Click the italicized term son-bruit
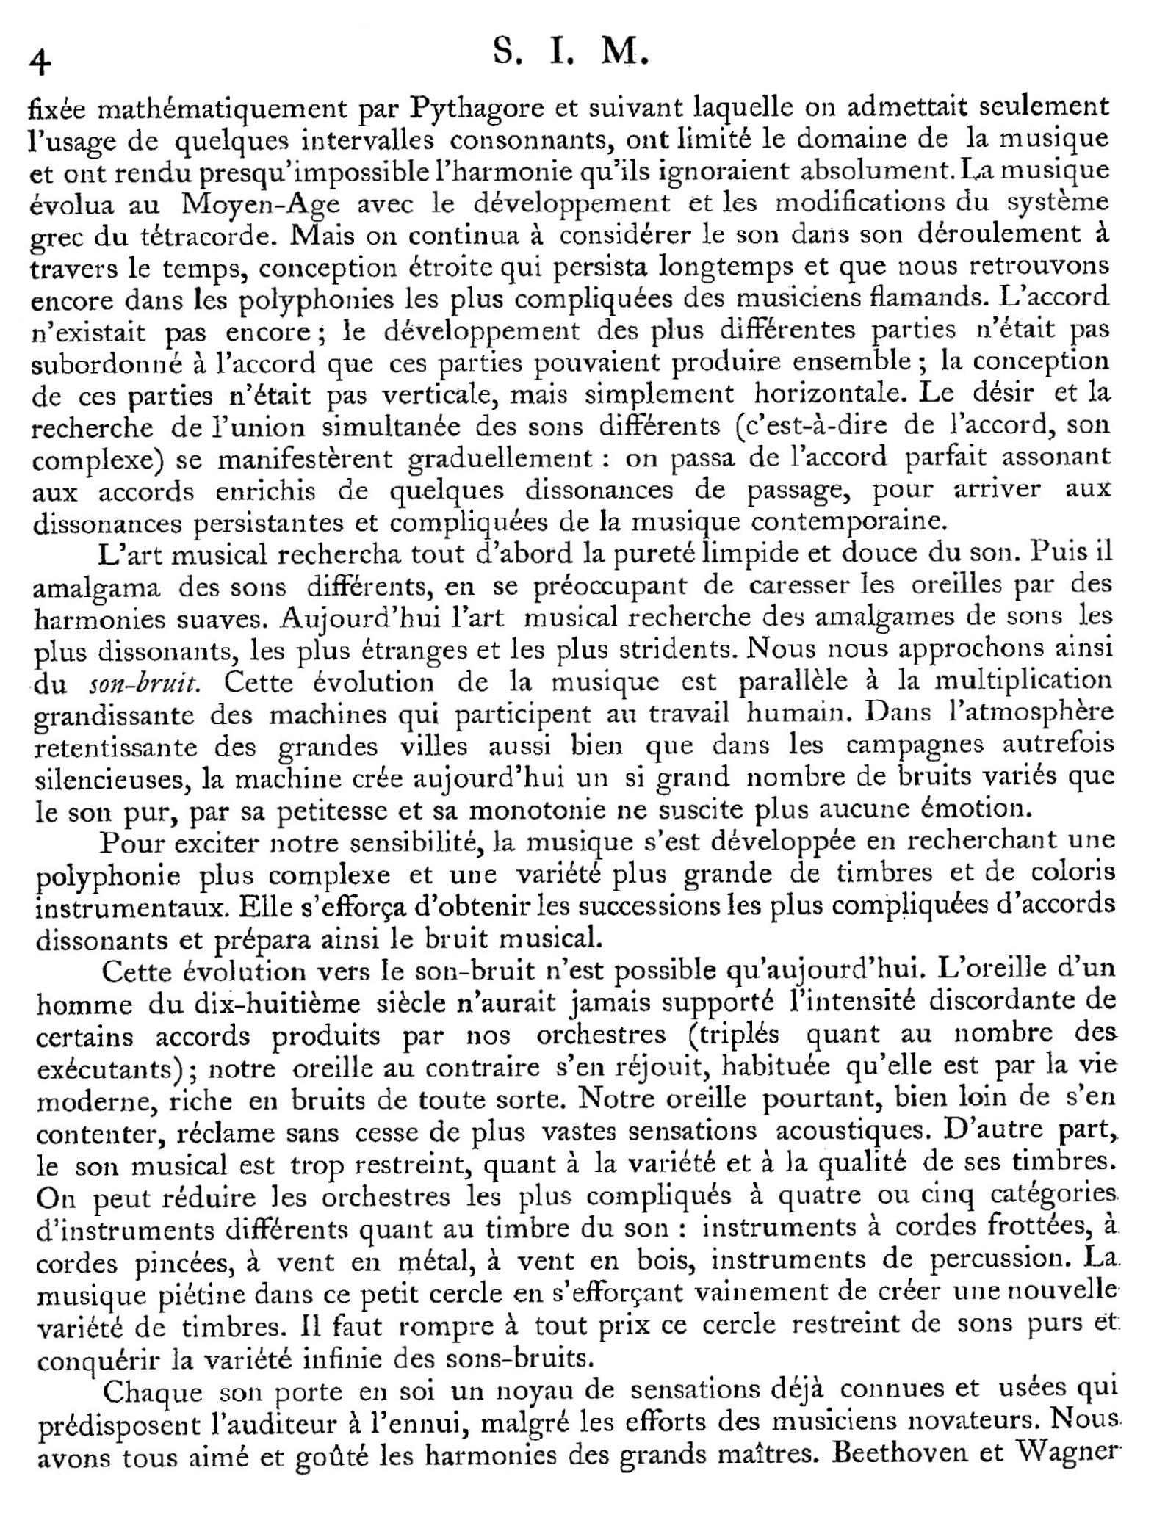144,684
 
